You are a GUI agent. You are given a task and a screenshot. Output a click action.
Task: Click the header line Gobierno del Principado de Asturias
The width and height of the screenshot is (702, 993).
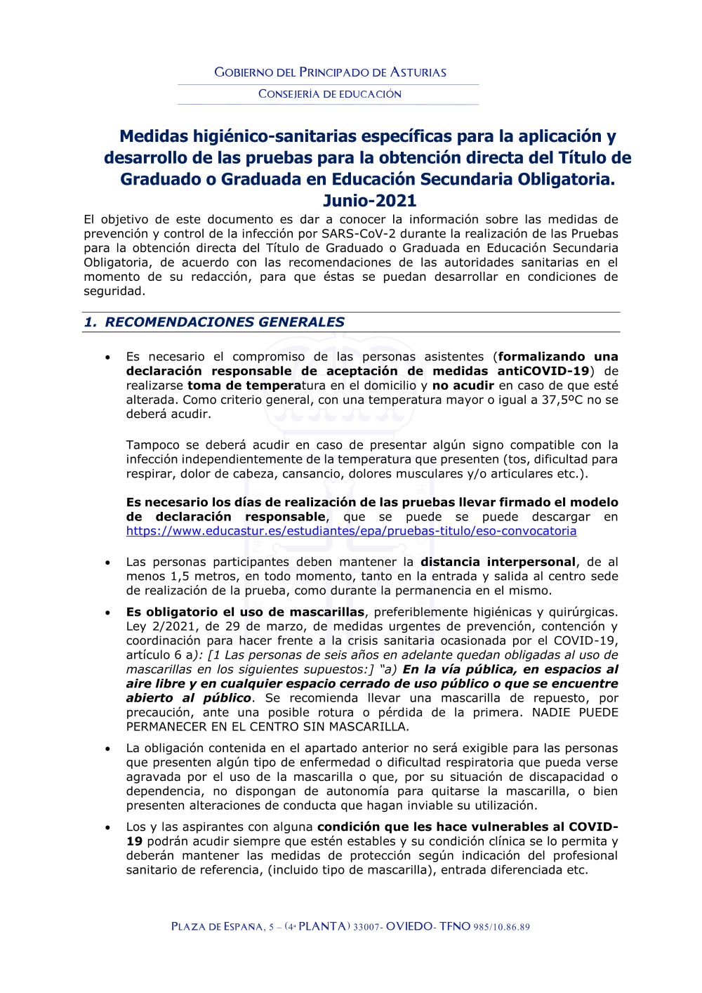(330, 72)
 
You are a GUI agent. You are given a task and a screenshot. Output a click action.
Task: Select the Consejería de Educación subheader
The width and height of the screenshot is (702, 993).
(330, 94)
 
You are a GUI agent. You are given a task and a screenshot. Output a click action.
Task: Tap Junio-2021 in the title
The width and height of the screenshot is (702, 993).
(369, 201)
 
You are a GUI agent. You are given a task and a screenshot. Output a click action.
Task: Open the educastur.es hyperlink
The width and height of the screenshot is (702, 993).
(351, 531)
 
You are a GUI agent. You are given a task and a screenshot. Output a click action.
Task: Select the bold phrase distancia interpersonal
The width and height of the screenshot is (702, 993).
(498, 562)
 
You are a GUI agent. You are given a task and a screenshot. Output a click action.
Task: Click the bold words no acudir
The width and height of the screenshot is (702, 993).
(463, 386)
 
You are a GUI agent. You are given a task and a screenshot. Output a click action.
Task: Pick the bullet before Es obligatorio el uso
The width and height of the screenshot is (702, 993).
(107, 612)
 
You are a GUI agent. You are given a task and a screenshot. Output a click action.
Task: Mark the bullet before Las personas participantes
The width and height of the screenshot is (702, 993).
(107, 563)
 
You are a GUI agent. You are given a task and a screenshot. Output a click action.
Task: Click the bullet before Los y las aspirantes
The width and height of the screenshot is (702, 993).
(107, 827)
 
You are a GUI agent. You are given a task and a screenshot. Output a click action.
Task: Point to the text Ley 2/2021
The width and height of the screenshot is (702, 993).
(157, 626)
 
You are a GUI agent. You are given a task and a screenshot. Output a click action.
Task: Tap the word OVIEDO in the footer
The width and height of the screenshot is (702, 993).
(409, 926)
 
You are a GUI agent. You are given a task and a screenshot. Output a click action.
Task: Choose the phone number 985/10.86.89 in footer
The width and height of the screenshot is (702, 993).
(501, 927)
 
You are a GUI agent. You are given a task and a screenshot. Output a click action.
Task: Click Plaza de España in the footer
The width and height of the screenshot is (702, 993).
(218, 927)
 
